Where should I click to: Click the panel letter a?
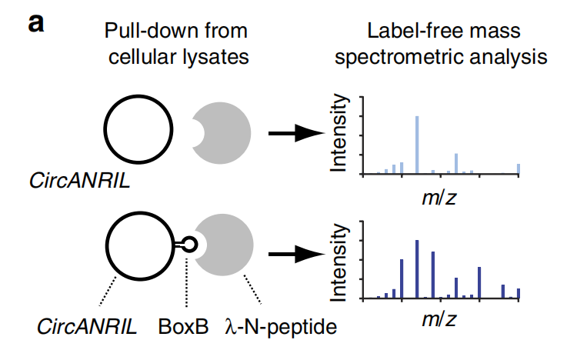click(x=37, y=22)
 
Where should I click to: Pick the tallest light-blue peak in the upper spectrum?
click(x=416, y=145)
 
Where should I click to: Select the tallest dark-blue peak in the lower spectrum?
click(x=416, y=268)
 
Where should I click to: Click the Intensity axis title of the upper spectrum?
click(x=339, y=135)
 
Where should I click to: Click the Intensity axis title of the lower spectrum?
click(x=339, y=259)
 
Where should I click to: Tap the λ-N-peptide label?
click(x=281, y=326)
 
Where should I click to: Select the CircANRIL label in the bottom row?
click(x=87, y=326)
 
